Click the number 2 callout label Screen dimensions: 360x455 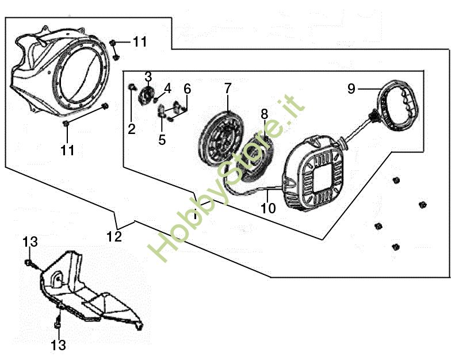pos(132,129)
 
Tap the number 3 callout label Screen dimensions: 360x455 pos(148,76)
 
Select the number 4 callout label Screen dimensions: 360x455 pos(167,88)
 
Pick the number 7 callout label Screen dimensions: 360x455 pos(228,88)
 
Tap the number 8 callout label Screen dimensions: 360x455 pos(264,113)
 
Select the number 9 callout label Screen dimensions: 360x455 pos(351,89)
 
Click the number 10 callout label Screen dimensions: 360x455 pos(268,208)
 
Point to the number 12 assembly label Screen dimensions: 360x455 pos(114,236)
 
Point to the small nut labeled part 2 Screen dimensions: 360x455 pos(132,87)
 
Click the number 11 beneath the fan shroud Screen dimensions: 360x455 pos(67,150)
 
